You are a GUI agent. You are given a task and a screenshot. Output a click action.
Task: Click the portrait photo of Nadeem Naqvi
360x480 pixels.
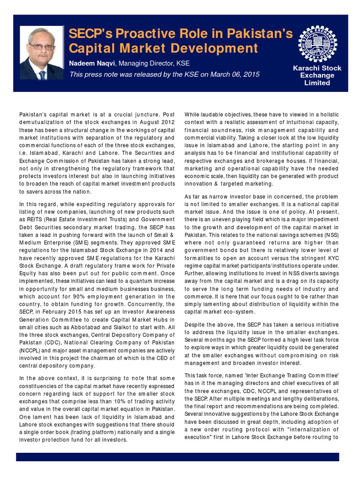click(42, 52)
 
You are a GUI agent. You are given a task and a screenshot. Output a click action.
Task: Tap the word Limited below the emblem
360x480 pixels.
click(317, 83)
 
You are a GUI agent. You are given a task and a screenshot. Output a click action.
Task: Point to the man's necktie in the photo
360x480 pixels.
click(42, 75)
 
